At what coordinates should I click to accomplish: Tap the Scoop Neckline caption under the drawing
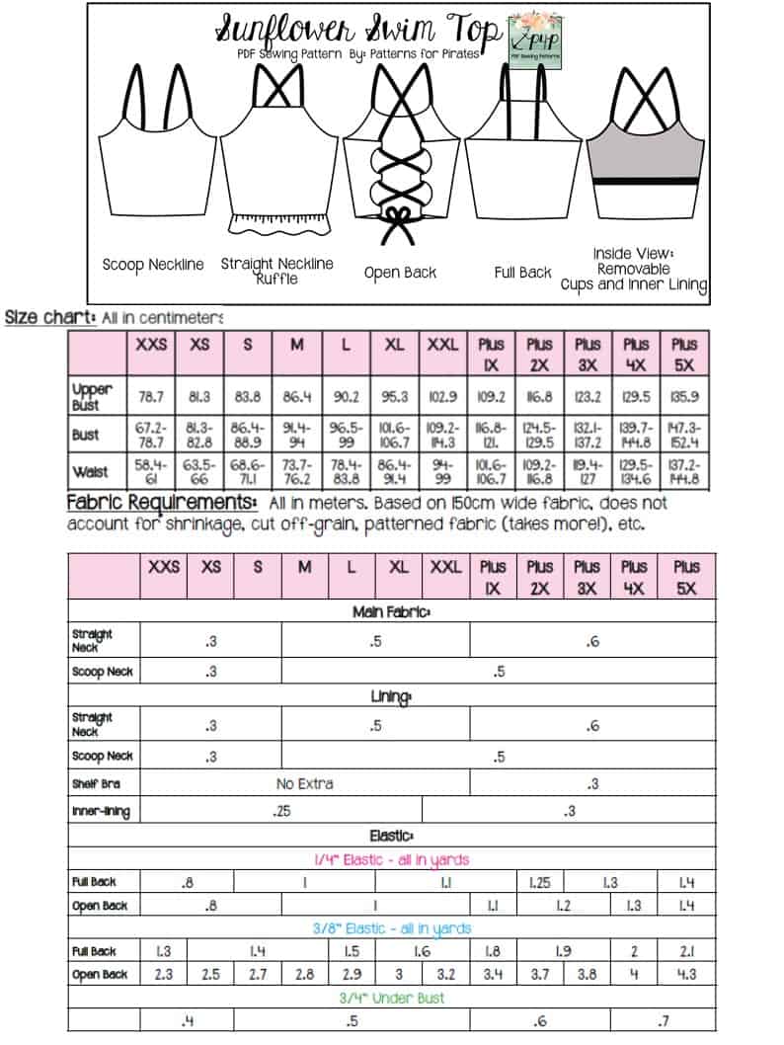(153, 265)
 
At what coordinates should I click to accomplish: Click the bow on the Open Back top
(400, 216)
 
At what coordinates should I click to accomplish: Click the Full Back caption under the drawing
(522, 272)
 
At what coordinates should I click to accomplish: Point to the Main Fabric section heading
(391, 612)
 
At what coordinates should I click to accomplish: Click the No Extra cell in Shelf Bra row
(304, 783)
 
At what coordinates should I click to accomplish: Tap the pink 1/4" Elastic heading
(391, 860)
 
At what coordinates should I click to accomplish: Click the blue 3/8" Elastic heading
(391, 928)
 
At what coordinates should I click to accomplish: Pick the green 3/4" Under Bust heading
(391, 998)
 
